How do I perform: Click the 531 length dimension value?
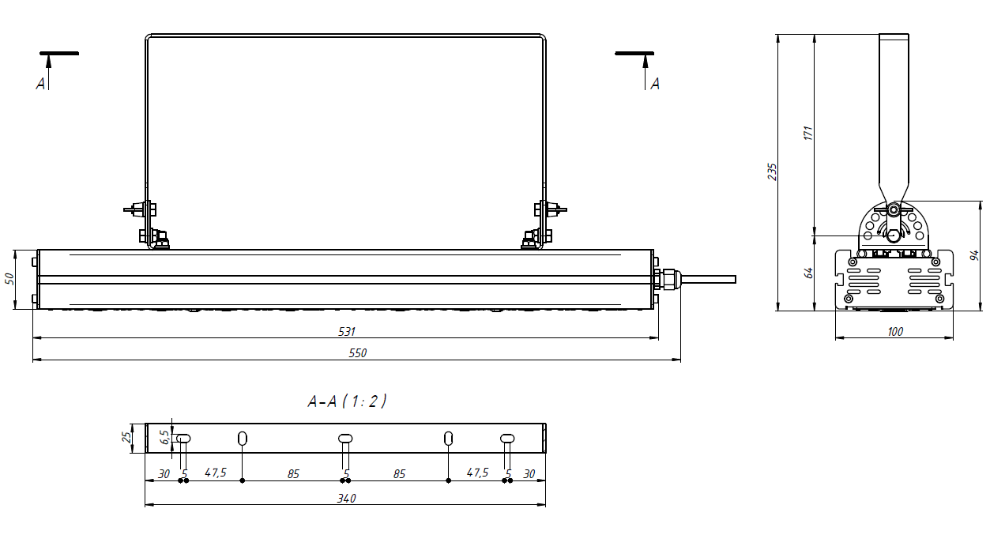point(346,332)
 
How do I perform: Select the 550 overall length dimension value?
point(358,353)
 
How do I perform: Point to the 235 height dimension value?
point(772,172)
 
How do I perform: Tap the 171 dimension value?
point(808,134)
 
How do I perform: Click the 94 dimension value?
point(974,255)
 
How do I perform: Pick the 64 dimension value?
point(808,273)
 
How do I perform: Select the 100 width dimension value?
point(895,332)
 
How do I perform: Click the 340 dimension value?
point(346,498)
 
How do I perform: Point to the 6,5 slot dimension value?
point(164,437)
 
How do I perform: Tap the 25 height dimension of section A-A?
point(127,437)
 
